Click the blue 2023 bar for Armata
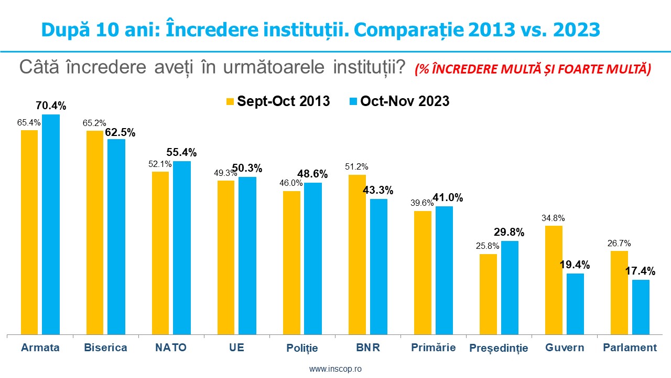coord(51,224)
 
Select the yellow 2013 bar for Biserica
coord(95,232)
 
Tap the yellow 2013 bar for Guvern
coord(554,280)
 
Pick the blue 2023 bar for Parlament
coord(641,307)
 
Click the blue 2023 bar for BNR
coord(378,266)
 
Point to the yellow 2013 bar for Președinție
coord(488,294)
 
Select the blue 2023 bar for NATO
coord(182,247)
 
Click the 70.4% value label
coord(51,106)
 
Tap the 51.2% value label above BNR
coord(356,167)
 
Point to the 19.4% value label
coord(575,265)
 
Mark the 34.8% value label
coord(553,218)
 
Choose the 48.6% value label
coord(313,174)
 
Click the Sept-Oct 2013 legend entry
coord(278,101)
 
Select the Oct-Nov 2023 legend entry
coord(398,101)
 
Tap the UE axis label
coord(236,348)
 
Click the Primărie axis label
coord(434,348)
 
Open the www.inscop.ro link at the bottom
coord(335,369)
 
